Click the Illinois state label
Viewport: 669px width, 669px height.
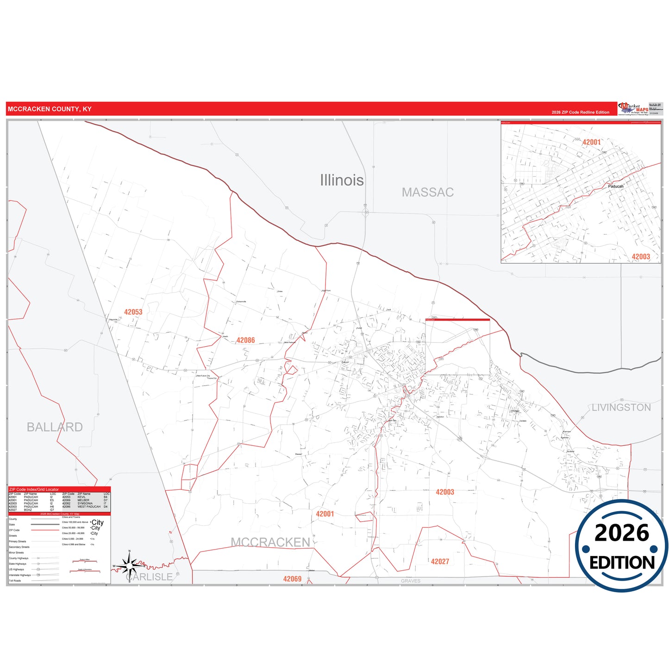pos(342,180)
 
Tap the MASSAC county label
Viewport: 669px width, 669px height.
pos(427,192)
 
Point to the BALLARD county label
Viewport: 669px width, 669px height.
pos(55,427)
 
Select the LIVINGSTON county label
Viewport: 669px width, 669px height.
pos(621,407)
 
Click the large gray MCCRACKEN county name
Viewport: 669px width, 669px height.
pos(270,542)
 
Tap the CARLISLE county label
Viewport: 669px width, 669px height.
pos(149,577)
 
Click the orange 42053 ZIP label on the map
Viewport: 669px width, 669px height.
pos(133,312)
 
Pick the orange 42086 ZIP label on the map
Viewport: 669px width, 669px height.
pos(246,340)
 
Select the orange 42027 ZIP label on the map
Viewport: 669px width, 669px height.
pos(440,562)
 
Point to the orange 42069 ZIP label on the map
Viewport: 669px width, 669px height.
pos(292,579)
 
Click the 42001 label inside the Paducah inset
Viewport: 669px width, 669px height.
pos(591,142)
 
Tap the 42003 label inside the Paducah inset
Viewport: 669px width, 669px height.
pos(641,256)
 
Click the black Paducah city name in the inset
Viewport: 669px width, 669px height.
pos(616,186)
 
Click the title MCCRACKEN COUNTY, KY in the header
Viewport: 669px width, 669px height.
pos(50,109)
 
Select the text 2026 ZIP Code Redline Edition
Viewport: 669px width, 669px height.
pos(580,113)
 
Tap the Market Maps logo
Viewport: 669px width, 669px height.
pos(633,109)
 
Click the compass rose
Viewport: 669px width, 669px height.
pos(130,565)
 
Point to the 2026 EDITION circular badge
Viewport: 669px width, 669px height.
pos(621,546)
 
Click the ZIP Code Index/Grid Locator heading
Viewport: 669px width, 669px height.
pos(34,489)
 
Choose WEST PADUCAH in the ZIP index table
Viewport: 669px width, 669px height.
pos(89,506)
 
